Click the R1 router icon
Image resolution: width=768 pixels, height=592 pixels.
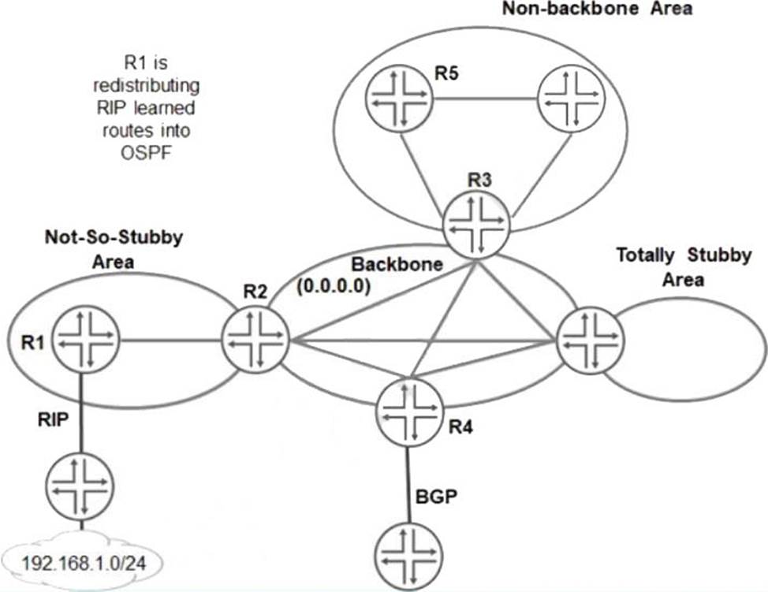coord(86,340)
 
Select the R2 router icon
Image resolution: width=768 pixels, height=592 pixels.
coord(255,340)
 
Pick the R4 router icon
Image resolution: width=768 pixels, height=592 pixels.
coord(409,412)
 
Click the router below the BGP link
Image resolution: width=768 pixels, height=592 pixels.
coord(409,557)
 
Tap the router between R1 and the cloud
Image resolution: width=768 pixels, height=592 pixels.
coord(80,486)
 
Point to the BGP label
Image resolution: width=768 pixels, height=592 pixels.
coord(436,497)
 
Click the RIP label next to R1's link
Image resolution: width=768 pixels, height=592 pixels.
coord(54,419)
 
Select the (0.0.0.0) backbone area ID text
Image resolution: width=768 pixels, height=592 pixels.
coord(334,285)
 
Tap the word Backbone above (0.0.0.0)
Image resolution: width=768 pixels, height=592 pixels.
coord(397,264)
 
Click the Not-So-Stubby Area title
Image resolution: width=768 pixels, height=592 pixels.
coord(114,249)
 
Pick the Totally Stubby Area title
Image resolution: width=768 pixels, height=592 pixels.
coord(684,267)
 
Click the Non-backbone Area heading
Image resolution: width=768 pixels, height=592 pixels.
coord(597,9)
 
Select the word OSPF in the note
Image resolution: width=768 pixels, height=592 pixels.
coord(147,153)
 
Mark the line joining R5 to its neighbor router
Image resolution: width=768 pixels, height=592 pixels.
coord(486,100)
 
